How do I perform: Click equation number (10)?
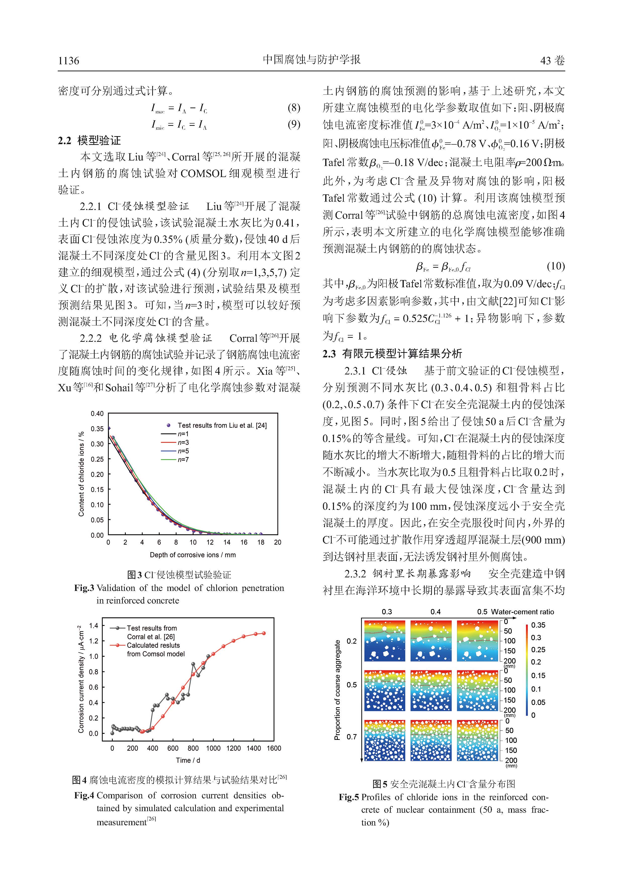(x=555, y=266)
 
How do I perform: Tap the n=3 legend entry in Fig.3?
(x=183, y=443)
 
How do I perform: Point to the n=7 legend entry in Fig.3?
(x=183, y=459)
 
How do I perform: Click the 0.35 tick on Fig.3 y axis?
(x=97, y=429)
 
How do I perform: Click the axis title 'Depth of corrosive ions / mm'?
(x=193, y=555)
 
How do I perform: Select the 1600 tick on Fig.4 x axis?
(x=274, y=748)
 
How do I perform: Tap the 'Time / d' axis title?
(x=188, y=760)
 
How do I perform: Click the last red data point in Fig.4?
(x=264, y=633)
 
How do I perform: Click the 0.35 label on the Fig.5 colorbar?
(x=538, y=625)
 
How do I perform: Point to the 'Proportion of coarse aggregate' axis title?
(x=337, y=690)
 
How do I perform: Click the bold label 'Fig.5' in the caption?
(x=349, y=797)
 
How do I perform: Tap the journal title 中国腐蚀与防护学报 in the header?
(x=311, y=60)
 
